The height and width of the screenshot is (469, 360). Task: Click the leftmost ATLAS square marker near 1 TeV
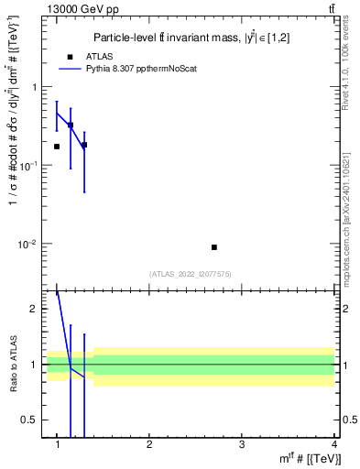57,147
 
